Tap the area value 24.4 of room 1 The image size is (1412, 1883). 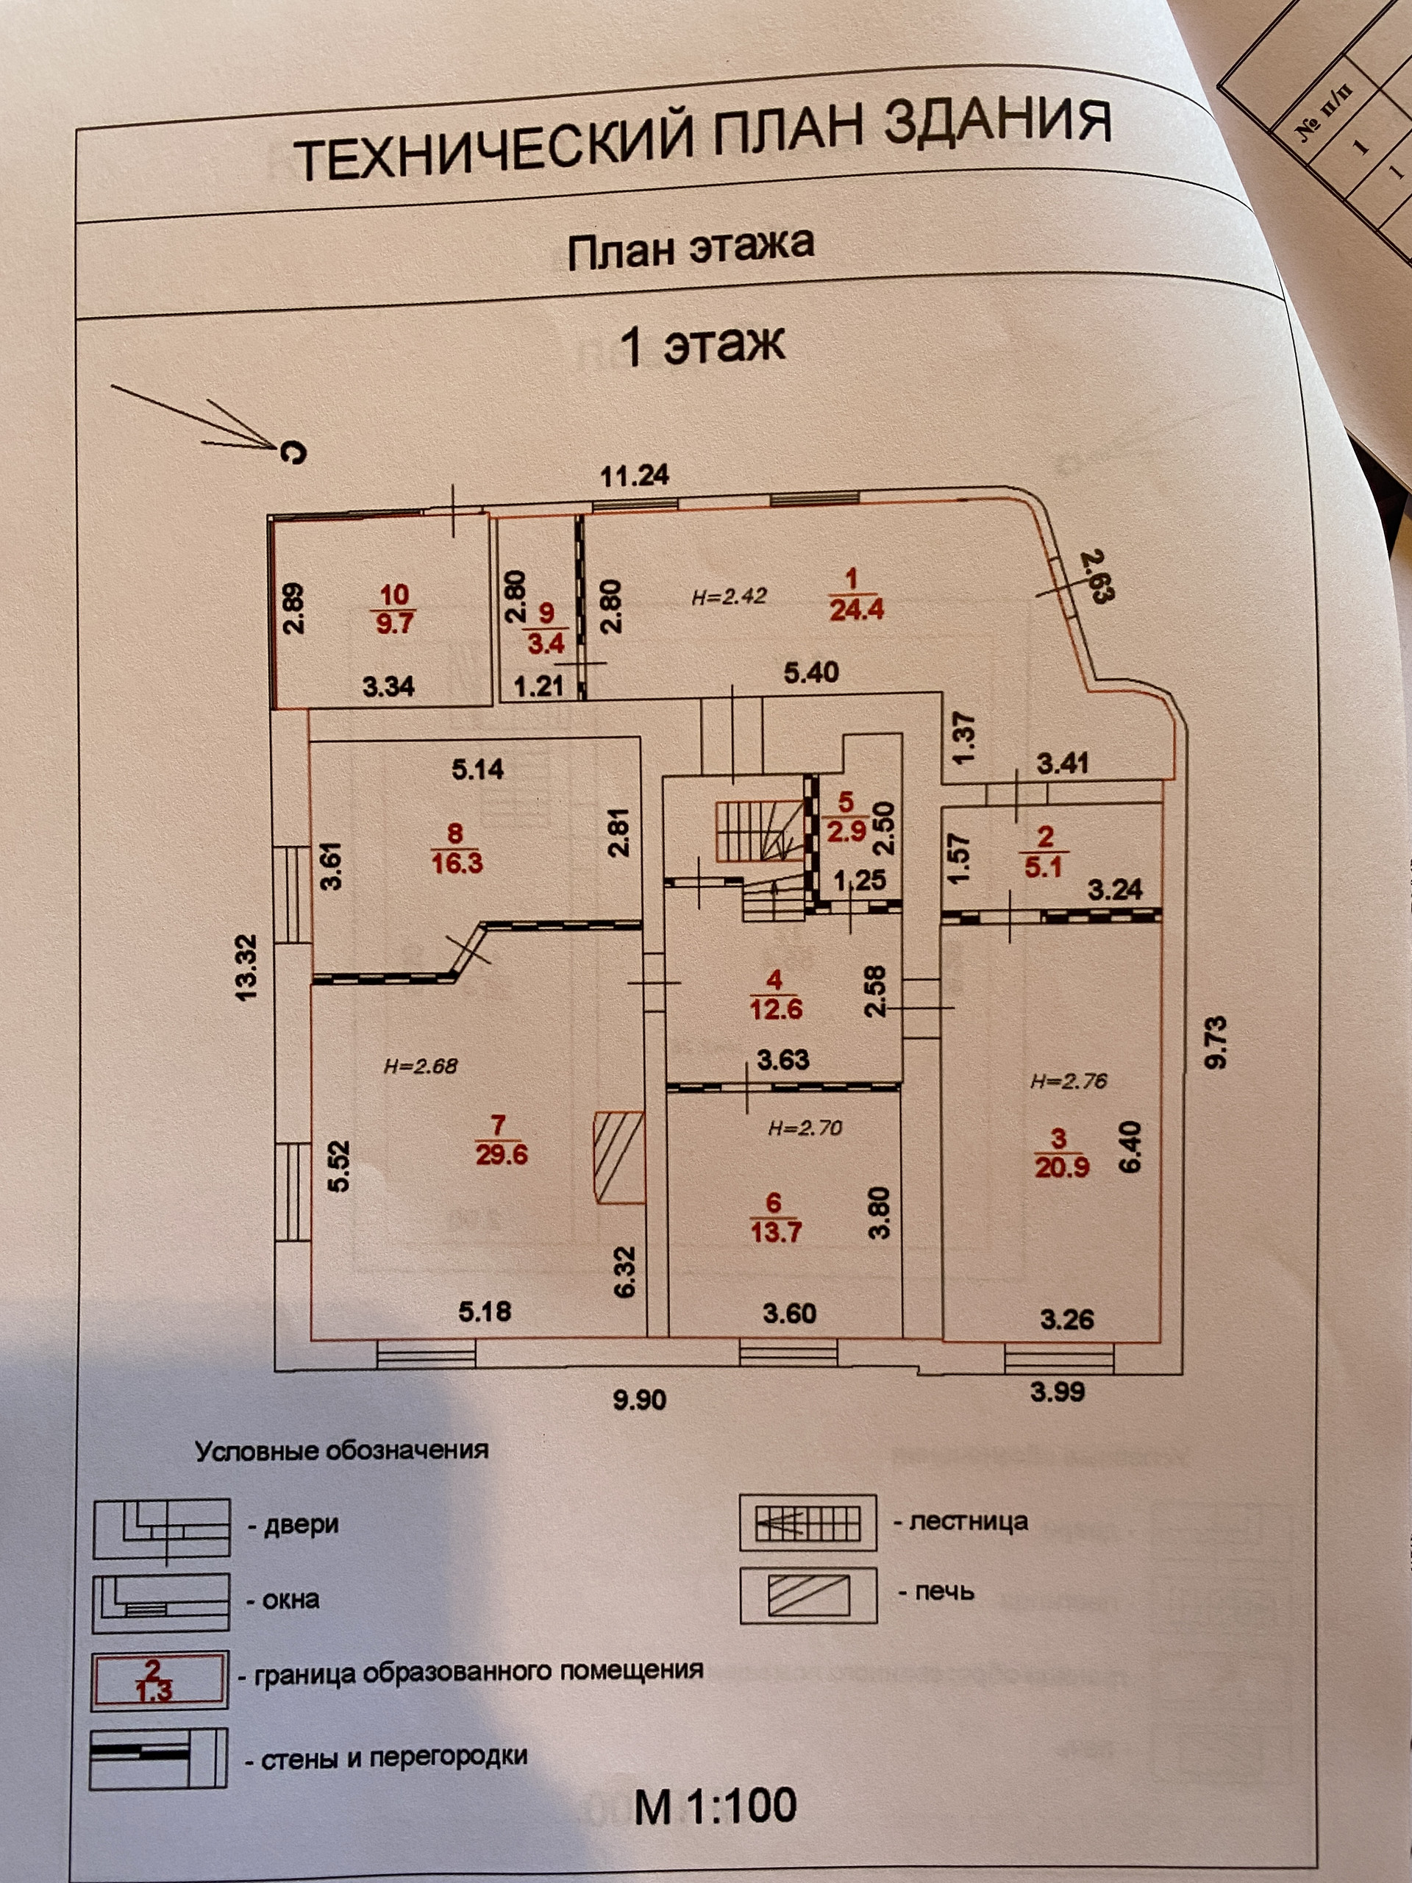point(856,610)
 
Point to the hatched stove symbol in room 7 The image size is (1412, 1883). point(618,1156)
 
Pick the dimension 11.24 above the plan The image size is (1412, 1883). point(635,476)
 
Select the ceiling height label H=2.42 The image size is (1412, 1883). point(729,596)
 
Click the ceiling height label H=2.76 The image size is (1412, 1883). point(1069,1083)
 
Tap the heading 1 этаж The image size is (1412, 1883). point(703,345)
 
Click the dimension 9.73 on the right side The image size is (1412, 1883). point(1218,1041)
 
